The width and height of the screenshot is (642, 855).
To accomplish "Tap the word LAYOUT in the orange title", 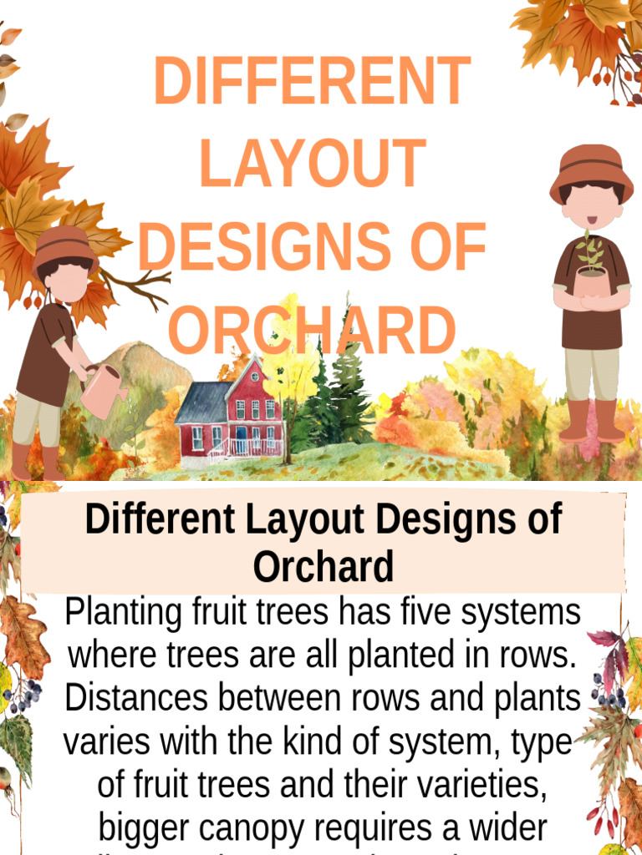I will (312, 164).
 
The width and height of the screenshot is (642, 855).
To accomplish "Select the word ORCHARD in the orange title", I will (312, 330).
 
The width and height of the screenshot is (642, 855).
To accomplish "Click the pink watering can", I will (102, 391).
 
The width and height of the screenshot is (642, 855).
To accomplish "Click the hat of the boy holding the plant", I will (591, 171).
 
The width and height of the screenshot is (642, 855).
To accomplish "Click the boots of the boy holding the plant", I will (592, 422).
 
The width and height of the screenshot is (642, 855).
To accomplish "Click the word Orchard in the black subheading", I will (323, 567).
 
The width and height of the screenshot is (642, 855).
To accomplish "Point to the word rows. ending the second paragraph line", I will (532, 655).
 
